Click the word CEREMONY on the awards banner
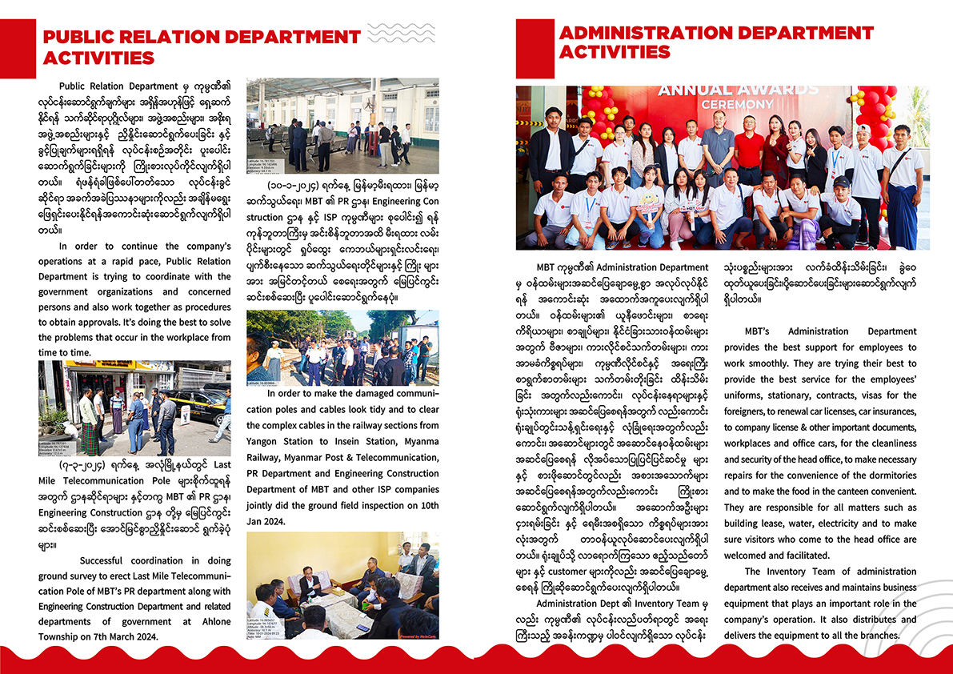pyautogui.click(x=737, y=104)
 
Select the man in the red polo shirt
pyautogui.click(x=750, y=152)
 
